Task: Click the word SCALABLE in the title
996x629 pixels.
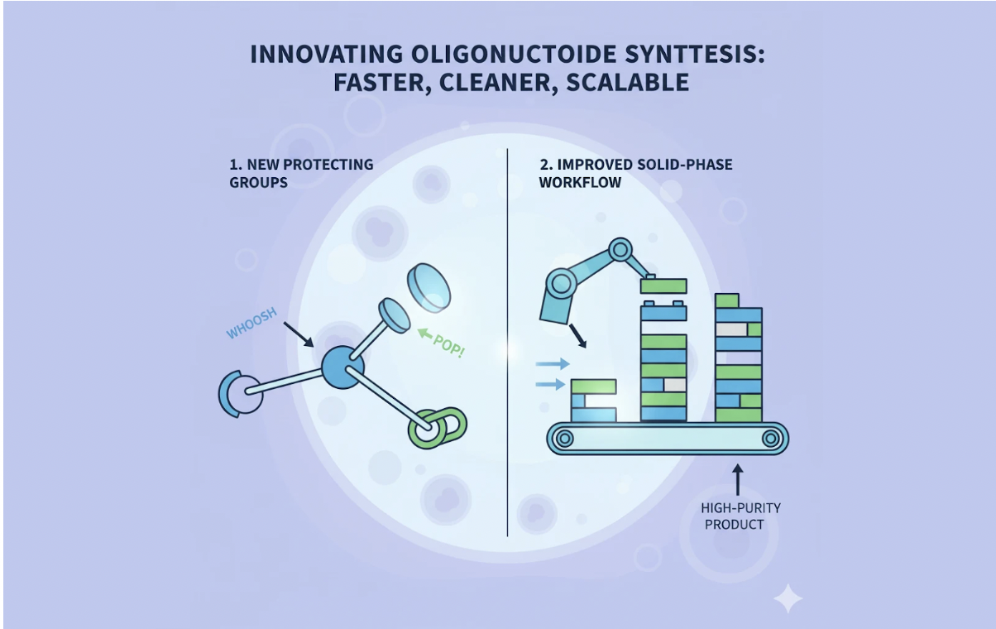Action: click(x=627, y=82)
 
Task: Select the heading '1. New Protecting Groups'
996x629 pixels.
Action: click(x=301, y=172)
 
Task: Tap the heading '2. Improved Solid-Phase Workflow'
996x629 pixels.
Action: click(x=635, y=172)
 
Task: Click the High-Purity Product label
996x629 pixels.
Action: click(x=740, y=516)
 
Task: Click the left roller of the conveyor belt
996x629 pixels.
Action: click(x=565, y=438)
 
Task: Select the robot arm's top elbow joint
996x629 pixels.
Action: click(x=620, y=249)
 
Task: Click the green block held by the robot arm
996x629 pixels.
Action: click(x=663, y=286)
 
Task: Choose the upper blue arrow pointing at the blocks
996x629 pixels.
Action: click(x=552, y=363)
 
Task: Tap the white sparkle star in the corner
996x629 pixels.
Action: click(x=787, y=598)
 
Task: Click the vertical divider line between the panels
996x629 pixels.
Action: click(x=507, y=348)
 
